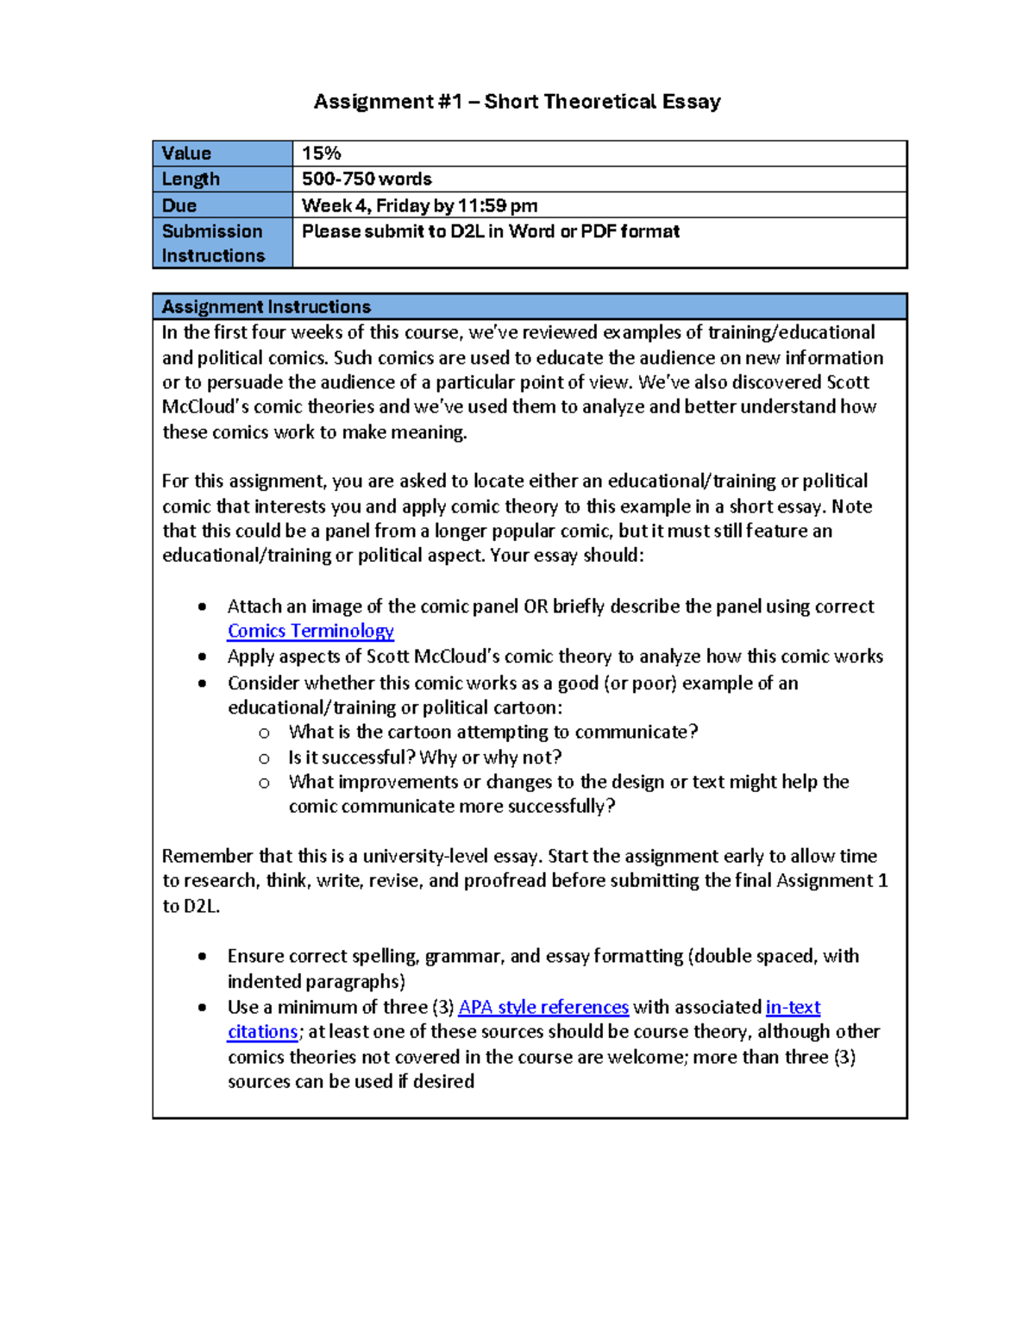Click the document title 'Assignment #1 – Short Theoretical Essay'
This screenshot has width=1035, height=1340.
pos(517,102)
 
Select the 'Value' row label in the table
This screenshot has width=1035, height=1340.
pos(186,154)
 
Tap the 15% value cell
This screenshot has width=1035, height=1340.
pos(322,154)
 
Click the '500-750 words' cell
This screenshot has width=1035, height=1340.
pos(367,179)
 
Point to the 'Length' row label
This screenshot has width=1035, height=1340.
pos(191,179)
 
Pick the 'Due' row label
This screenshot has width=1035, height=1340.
pos(179,205)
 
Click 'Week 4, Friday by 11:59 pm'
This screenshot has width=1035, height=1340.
pos(419,205)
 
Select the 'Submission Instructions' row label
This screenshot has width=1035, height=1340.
pos(212,243)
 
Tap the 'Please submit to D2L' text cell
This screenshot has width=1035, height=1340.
pos(490,231)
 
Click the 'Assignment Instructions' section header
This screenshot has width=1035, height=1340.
pos(266,307)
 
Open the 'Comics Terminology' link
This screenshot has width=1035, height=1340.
pos(310,631)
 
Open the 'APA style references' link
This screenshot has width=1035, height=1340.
pos(543,1007)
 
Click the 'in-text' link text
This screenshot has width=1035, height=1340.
pos(793,1007)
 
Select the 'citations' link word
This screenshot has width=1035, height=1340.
pos(262,1032)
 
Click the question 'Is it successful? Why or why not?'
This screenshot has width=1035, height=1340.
pos(424,758)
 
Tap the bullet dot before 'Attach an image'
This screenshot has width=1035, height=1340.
pos(202,607)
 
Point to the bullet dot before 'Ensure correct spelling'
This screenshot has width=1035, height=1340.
pos(202,956)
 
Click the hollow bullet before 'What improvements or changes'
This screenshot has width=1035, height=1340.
pos(264,783)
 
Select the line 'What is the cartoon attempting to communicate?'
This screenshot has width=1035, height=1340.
pos(492,733)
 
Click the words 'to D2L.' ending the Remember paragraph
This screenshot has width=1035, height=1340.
pos(191,906)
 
